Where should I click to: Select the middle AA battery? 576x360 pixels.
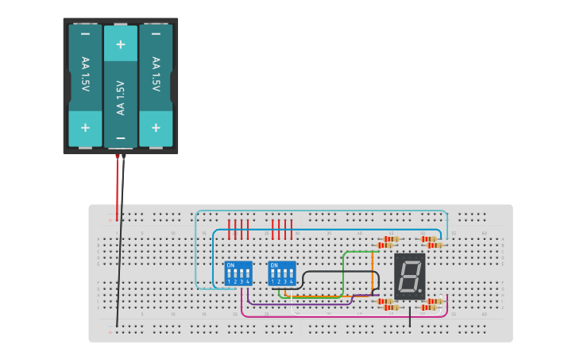(121, 87)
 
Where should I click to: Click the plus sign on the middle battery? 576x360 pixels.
(121, 45)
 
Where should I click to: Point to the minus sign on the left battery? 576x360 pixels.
(85, 34)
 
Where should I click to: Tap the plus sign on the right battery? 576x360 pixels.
(156, 127)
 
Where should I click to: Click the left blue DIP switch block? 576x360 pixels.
(238, 273)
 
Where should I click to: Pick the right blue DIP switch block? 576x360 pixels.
(282, 273)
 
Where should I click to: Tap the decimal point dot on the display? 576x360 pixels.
(420, 292)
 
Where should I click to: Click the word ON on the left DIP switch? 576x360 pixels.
(230, 265)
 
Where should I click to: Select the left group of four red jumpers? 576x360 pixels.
(238, 230)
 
